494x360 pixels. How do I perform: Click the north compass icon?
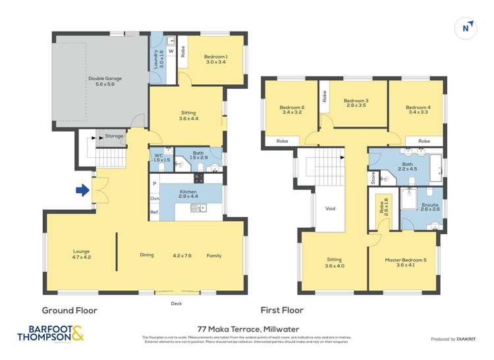click(x=466, y=28)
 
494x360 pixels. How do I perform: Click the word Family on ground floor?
click(x=214, y=255)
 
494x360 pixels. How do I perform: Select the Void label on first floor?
click(x=331, y=209)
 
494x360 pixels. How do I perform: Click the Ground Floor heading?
click(x=70, y=310)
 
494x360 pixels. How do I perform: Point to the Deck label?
click(x=176, y=304)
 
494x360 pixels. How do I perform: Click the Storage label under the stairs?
click(x=114, y=136)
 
